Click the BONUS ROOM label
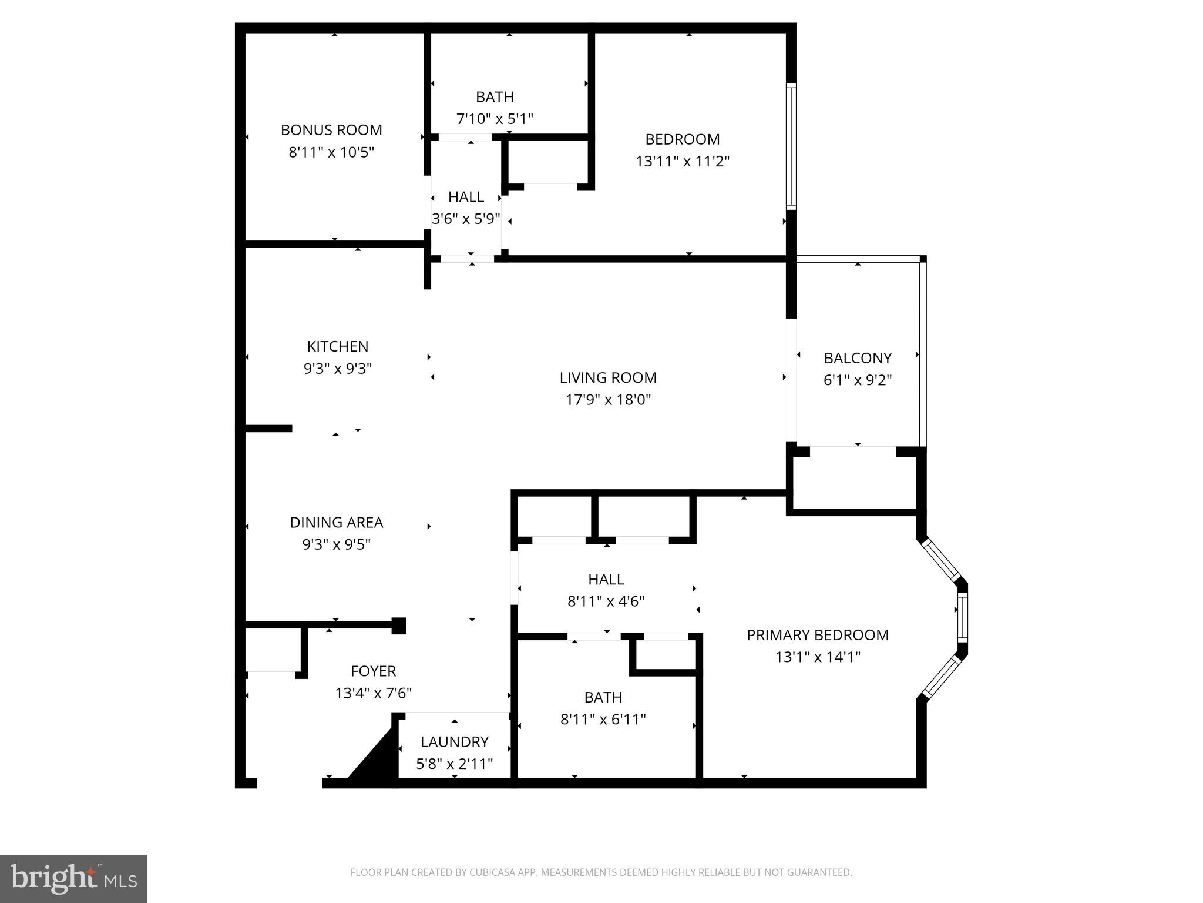coord(331,130)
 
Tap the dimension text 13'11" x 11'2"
coord(683,162)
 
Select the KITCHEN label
coord(338,346)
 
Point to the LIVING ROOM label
coord(608,377)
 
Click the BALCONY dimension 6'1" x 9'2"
coord(858,380)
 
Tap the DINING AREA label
coord(336,522)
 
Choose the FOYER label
coord(373,671)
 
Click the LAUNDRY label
coord(454,741)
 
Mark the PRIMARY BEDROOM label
coord(818,635)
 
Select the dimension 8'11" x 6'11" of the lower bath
coord(603,720)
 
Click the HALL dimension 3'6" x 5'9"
coord(466,219)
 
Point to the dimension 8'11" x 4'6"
coord(606,601)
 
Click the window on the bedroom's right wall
coord(791,147)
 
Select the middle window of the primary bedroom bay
coord(962,618)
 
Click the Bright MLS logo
coord(73,878)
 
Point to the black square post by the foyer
coord(399,626)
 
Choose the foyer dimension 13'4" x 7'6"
coord(373,694)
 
